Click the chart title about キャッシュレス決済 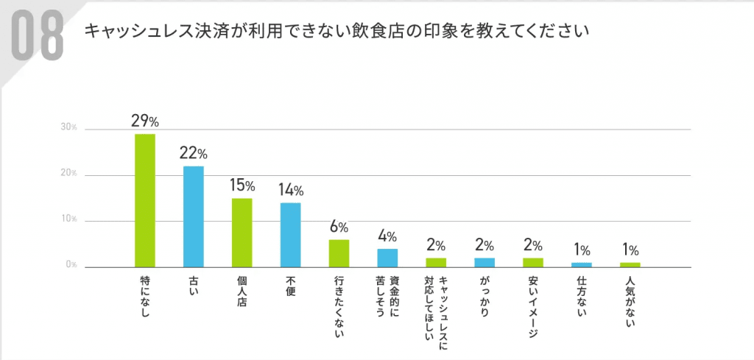(338, 32)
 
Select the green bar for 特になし (145, 200)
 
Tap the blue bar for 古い (194, 216)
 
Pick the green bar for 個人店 (242, 233)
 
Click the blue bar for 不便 (291, 235)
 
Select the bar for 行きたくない (339, 253)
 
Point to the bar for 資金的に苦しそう (387, 258)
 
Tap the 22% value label (194, 153)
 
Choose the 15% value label (242, 186)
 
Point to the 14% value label (291, 190)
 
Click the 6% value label (339, 227)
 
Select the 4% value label (387, 236)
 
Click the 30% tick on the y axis (68, 127)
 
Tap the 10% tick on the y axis (68, 219)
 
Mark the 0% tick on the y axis (70, 265)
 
